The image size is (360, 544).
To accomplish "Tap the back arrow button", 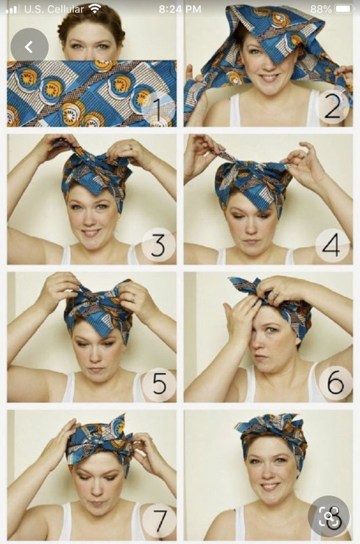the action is pos(29,47).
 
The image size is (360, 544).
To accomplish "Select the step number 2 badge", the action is pos(333,107).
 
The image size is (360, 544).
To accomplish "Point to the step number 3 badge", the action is pos(158,245).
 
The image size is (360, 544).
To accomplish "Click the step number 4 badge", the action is pos(332,245).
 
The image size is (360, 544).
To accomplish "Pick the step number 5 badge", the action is pos(159,383).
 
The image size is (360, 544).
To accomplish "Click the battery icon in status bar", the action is pos(345,9).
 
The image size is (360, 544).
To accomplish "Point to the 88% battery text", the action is pos(321,9).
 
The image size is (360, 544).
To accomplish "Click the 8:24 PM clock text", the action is pos(180,9).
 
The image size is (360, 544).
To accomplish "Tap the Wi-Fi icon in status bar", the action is pos(95,9).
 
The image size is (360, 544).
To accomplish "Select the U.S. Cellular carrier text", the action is pos(54,9).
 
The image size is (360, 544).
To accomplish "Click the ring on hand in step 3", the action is pos(131,147).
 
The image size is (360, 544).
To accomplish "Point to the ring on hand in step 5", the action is pos(133,297).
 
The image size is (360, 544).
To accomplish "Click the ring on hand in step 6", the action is pos(275,295).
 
